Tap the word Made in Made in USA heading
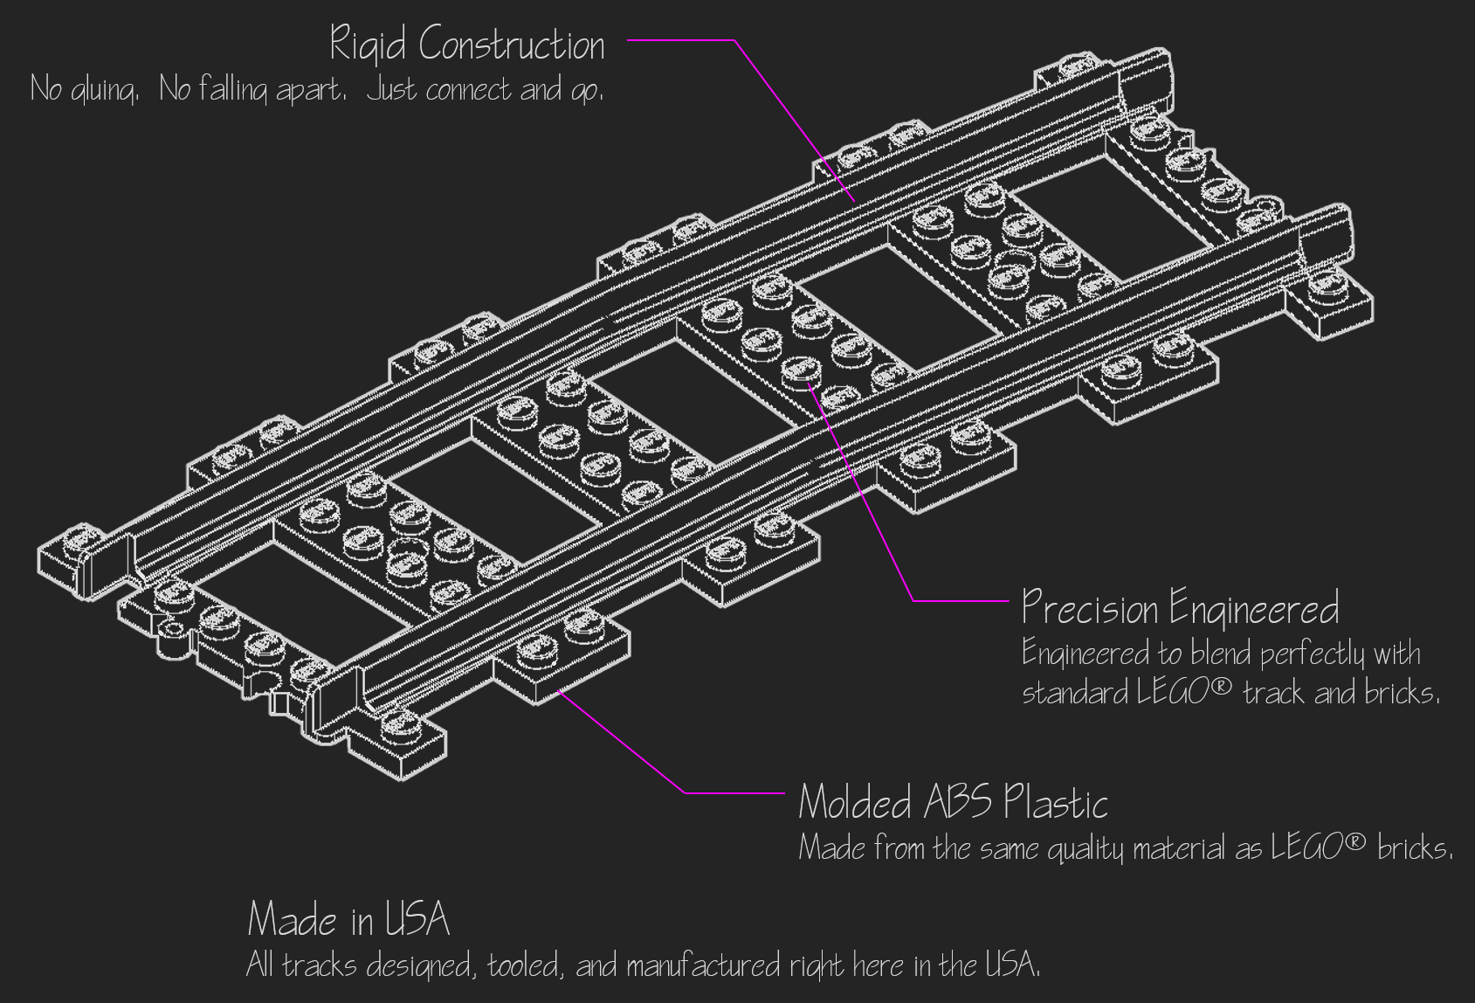pyautogui.click(x=293, y=919)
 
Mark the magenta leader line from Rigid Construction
pyautogui.click(x=786, y=114)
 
